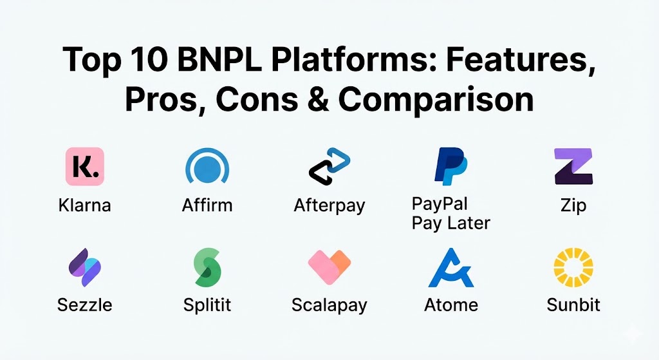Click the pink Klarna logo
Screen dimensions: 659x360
(85, 167)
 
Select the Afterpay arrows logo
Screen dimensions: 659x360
(329, 166)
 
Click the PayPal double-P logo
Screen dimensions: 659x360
(450, 166)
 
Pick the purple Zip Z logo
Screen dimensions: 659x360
(573, 166)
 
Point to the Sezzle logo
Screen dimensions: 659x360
(85, 267)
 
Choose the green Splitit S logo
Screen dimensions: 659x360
(207, 267)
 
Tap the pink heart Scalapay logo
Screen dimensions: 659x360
(329, 267)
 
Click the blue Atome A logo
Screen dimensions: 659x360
(451, 267)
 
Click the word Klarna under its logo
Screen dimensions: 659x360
(85, 205)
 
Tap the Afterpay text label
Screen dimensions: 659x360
(329, 206)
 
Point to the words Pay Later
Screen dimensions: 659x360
(450, 223)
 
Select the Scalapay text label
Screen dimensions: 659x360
(329, 305)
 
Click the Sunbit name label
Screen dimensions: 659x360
(573, 305)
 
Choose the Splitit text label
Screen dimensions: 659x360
(207, 305)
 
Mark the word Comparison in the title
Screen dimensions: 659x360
(436, 101)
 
